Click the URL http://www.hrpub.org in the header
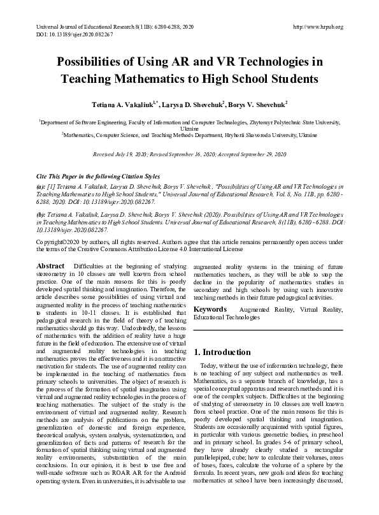tap(317, 27)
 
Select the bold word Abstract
tap(50, 265)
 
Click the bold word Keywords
tap(211, 308)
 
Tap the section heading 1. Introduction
tap(222, 352)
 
